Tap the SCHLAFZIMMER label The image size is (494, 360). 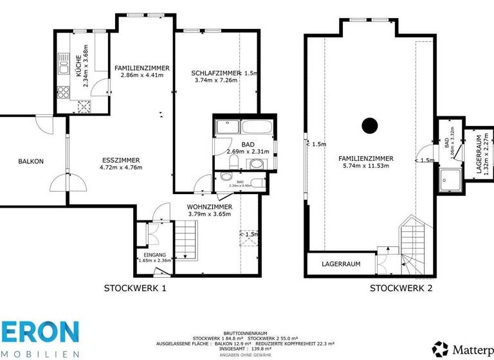pyautogui.click(x=215, y=73)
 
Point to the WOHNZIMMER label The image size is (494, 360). pyautogui.click(x=209, y=206)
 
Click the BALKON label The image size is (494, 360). pyautogui.click(x=31, y=161)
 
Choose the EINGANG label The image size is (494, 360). pyautogui.click(x=154, y=255)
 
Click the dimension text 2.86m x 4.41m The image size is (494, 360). pyautogui.click(x=142, y=75)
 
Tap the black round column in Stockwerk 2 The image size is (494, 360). pyautogui.click(x=369, y=126)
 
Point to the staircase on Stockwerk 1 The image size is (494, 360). pyautogui.click(x=188, y=239)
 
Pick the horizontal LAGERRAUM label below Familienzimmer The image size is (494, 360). pyautogui.click(x=341, y=264)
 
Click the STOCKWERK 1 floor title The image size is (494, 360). pyautogui.click(x=135, y=289)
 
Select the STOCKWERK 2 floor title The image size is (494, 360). pyautogui.click(x=401, y=289)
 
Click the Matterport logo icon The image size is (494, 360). pyautogui.click(x=441, y=349)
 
